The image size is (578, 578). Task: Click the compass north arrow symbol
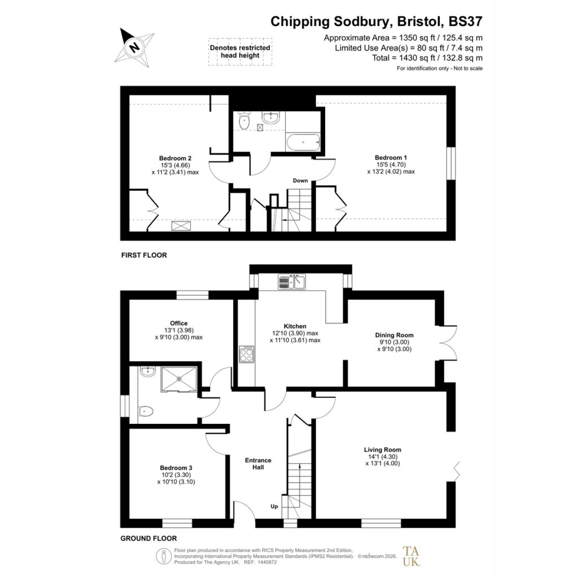point(134,47)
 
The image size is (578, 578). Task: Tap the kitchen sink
point(292,282)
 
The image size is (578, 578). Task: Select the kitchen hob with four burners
point(246,354)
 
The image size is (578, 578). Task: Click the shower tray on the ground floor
point(179,379)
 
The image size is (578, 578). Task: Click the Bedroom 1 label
point(391,157)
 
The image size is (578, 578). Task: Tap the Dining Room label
point(394,335)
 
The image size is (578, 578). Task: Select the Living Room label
point(383,450)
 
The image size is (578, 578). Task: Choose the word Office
point(179,323)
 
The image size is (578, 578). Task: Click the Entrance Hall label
point(258,464)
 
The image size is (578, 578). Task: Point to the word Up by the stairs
point(274,506)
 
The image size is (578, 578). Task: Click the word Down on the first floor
point(300,181)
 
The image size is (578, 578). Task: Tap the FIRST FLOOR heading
point(144,255)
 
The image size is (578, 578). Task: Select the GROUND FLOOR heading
point(148,538)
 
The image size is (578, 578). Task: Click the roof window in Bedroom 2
point(181,226)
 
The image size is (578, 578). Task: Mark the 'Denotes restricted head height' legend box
point(240,51)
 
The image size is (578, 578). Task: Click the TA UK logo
point(411,556)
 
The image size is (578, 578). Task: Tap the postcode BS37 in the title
point(465,21)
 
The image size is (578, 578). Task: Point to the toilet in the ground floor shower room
point(146,411)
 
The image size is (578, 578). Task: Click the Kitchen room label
point(295,326)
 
